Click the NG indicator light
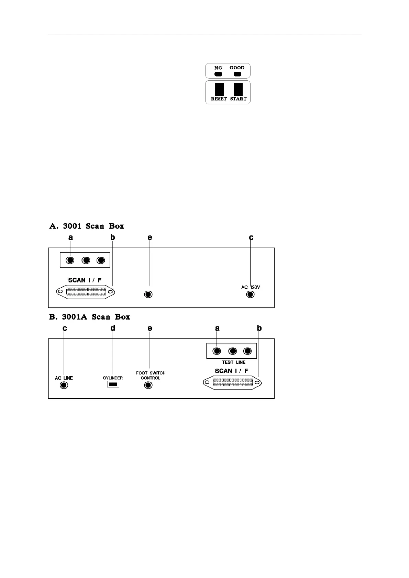[x=218, y=73]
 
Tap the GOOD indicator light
[x=237, y=73]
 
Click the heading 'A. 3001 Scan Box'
[x=87, y=226]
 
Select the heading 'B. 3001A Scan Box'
[x=90, y=317]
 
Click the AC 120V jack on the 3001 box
[x=251, y=294]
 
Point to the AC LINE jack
[x=64, y=385]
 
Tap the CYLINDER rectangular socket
[x=113, y=385]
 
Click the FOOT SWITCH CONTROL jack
[x=148, y=385]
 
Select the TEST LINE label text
[x=233, y=362]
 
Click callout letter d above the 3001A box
[x=113, y=328]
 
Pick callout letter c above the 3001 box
[x=251, y=237]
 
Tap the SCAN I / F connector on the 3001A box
[x=232, y=383]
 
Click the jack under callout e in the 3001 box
[x=148, y=294]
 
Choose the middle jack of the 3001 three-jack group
[x=86, y=261]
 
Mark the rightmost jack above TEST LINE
[x=247, y=351]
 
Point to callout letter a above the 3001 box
[x=70, y=237]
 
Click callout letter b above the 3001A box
[x=259, y=328]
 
